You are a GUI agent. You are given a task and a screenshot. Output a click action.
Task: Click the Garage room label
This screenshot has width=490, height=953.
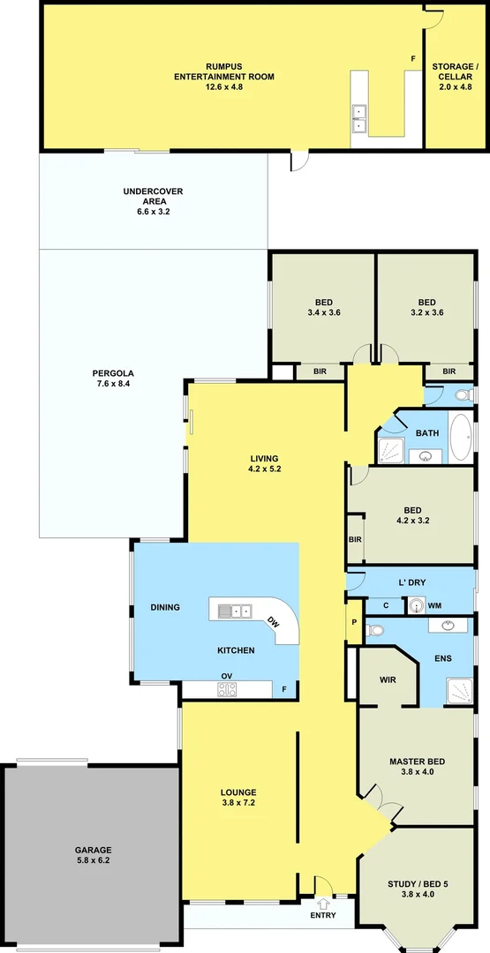[x=92, y=854]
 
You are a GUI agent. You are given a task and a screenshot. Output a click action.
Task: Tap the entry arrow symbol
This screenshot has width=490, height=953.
[x=323, y=903]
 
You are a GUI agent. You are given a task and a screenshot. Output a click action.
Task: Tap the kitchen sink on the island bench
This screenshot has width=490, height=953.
[x=232, y=611]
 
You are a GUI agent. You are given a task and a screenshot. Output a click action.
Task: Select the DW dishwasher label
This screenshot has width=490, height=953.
[x=274, y=621]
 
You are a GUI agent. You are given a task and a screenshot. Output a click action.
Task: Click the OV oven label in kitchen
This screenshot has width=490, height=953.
[x=227, y=678]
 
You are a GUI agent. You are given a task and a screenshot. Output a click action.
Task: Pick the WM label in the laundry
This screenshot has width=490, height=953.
[x=433, y=605]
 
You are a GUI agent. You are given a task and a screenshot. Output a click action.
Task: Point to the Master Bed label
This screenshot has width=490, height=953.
[x=417, y=767]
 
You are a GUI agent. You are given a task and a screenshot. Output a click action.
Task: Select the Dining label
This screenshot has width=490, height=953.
[x=165, y=607]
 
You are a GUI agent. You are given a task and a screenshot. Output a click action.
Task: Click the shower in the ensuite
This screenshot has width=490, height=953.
[x=458, y=689]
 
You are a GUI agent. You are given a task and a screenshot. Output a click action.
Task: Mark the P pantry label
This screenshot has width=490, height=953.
[x=354, y=621]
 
